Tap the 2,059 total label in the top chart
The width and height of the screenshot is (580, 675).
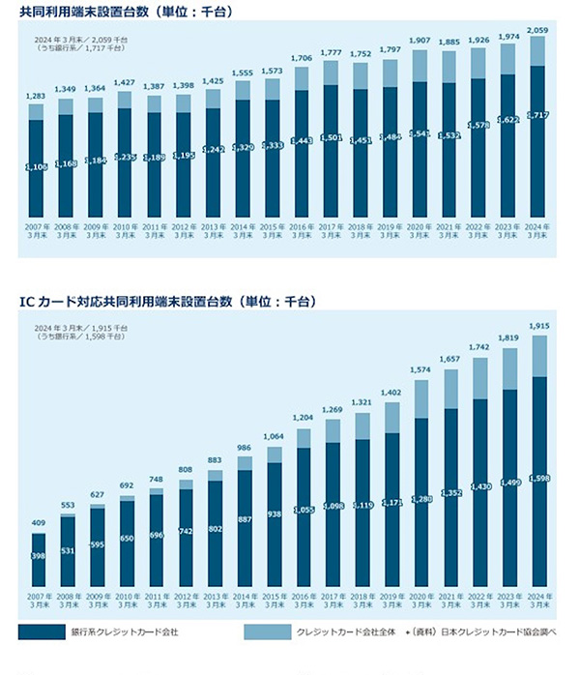537,30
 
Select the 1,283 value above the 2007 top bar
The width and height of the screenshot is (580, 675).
36,96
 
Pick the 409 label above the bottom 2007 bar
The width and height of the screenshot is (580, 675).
38,524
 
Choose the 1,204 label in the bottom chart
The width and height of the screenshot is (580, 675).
304,419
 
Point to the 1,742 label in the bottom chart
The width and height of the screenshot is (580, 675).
479,347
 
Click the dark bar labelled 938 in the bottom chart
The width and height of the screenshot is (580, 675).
275,522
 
